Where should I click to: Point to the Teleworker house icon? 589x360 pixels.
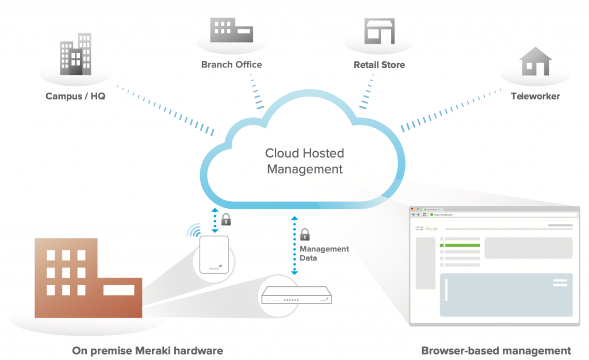point(536,62)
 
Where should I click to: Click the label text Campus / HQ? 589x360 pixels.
point(75,96)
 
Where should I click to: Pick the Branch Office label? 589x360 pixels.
point(231,64)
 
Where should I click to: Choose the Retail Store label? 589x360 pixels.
point(379,64)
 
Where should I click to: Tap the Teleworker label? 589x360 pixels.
point(536,96)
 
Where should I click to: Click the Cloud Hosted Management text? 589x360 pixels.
point(304,162)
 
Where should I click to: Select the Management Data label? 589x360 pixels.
point(324,254)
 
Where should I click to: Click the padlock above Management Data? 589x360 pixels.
point(304,234)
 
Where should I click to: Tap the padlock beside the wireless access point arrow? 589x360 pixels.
point(226,219)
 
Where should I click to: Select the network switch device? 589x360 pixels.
point(296,297)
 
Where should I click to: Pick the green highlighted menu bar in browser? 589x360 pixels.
point(460,245)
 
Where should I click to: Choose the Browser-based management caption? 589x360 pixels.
point(496,350)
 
